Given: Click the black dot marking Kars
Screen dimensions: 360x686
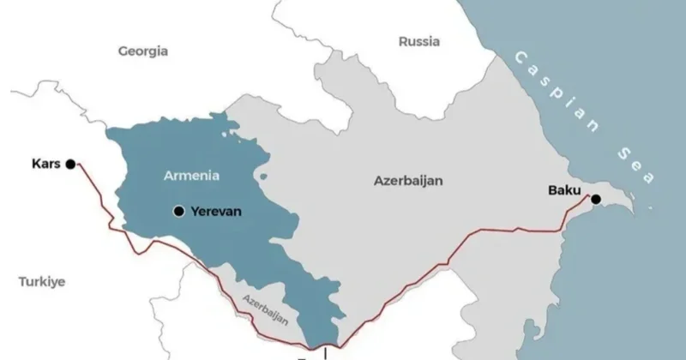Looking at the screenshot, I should [x=70, y=162].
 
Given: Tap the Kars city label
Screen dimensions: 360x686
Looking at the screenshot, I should [x=45, y=162].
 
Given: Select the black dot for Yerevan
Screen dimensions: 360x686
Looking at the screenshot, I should [x=178, y=211].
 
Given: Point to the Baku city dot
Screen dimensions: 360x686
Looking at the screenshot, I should [x=595, y=200].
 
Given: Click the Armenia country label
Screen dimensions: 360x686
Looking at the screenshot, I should [x=191, y=176].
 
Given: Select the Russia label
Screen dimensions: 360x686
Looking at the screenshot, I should [x=419, y=41].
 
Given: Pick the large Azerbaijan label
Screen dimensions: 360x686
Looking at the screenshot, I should [x=407, y=181].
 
